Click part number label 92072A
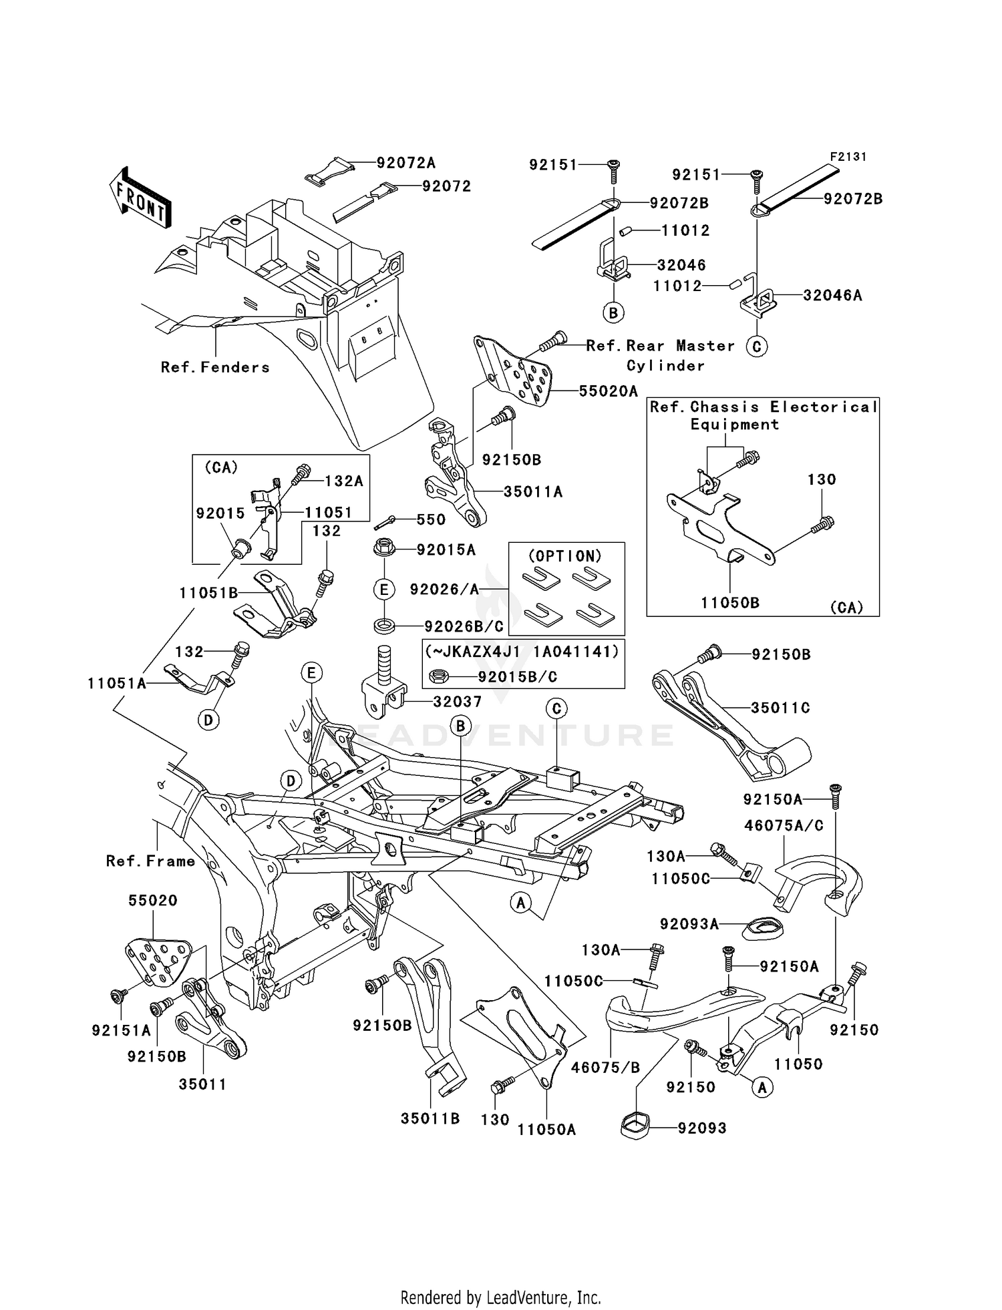(x=405, y=163)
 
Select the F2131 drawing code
(x=848, y=157)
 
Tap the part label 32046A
(x=832, y=295)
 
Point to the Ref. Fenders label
(x=215, y=367)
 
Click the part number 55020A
(x=608, y=391)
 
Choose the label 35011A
(x=532, y=492)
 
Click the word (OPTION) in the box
(x=565, y=556)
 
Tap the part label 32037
(x=457, y=702)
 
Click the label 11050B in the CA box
(x=729, y=603)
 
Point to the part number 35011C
(x=780, y=708)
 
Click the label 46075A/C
(x=784, y=826)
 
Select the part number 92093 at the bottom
(x=701, y=1128)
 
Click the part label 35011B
(x=430, y=1118)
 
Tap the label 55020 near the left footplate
(x=153, y=901)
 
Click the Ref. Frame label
(x=150, y=861)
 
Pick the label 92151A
(x=121, y=1031)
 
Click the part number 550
(x=430, y=520)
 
